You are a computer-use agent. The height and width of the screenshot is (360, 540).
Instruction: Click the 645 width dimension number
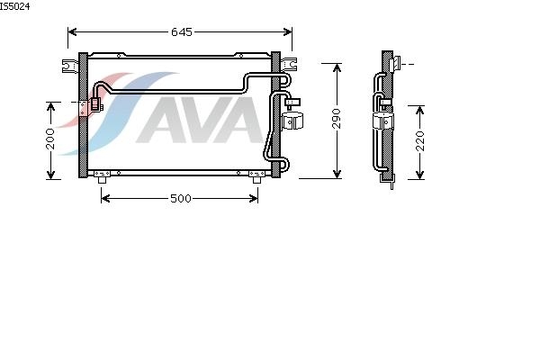(182, 32)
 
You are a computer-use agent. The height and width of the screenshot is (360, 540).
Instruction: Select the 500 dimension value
(181, 198)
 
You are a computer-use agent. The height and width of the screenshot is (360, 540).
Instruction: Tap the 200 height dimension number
(50, 139)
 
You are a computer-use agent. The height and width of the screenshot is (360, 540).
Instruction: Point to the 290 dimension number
(337, 121)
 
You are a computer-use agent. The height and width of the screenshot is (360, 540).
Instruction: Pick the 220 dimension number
(418, 141)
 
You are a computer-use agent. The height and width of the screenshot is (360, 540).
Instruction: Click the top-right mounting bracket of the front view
(292, 62)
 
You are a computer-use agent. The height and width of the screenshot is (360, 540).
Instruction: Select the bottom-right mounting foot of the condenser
(257, 179)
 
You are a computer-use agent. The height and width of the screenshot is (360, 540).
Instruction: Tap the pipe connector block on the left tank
(93, 106)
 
